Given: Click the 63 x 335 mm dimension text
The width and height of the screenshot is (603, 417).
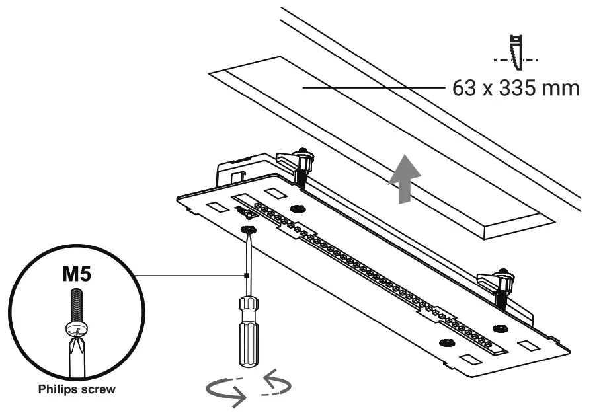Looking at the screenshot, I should coord(516,89).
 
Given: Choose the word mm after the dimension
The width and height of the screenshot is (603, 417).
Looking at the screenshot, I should coord(561,89).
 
